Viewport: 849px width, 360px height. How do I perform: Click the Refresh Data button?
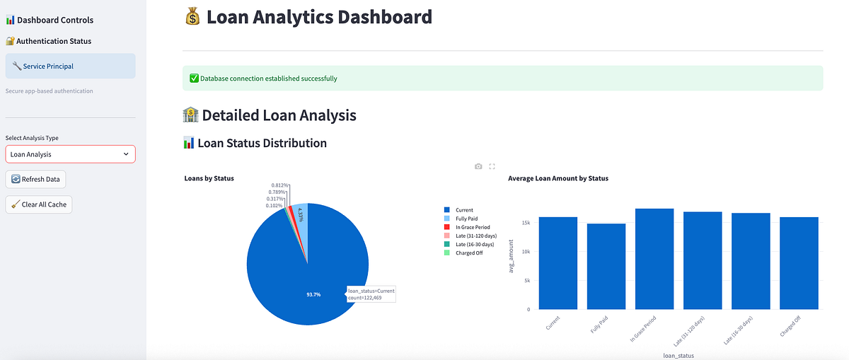point(35,179)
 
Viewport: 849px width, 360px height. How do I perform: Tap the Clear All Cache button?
point(39,204)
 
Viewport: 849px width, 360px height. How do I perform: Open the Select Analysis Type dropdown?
point(71,154)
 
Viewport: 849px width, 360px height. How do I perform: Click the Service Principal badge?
point(71,66)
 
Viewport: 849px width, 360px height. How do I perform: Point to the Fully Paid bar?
point(606,267)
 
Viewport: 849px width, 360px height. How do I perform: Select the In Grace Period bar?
point(654,259)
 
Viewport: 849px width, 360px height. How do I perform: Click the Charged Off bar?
point(799,263)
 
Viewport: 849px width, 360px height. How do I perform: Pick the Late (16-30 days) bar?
point(751,261)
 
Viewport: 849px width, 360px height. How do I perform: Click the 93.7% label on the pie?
point(313,294)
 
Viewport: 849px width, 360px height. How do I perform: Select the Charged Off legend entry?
point(463,252)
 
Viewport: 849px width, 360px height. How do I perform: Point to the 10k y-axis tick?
point(526,252)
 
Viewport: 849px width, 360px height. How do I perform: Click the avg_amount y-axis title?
point(511,256)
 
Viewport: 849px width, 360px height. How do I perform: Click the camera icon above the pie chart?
point(478,166)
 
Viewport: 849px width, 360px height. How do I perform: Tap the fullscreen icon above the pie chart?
point(492,166)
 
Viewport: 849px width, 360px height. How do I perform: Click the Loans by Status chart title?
point(209,178)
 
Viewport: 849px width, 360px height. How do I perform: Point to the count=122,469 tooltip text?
point(364,298)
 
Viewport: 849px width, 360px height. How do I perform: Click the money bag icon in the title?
point(192,17)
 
